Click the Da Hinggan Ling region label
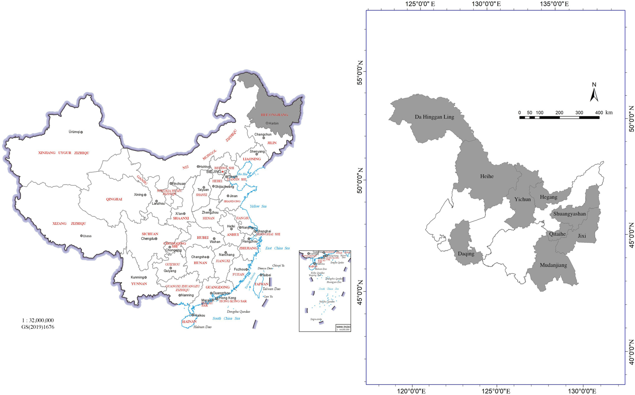(x=434, y=117)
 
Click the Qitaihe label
(x=557, y=234)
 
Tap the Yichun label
(x=523, y=199)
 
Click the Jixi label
(x=582, y=236)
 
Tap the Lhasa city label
(x=87, y=236)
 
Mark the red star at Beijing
(x=222, y=172)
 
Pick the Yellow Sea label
(x=258, y=206)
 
